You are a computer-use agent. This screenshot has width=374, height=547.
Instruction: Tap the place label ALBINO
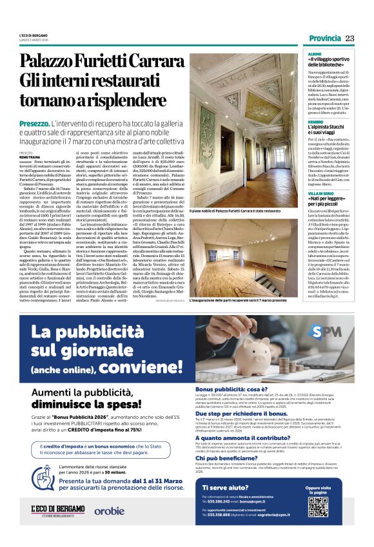[x=314, y=55]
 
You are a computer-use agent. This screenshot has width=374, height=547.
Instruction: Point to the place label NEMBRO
[x=315, y=122]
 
